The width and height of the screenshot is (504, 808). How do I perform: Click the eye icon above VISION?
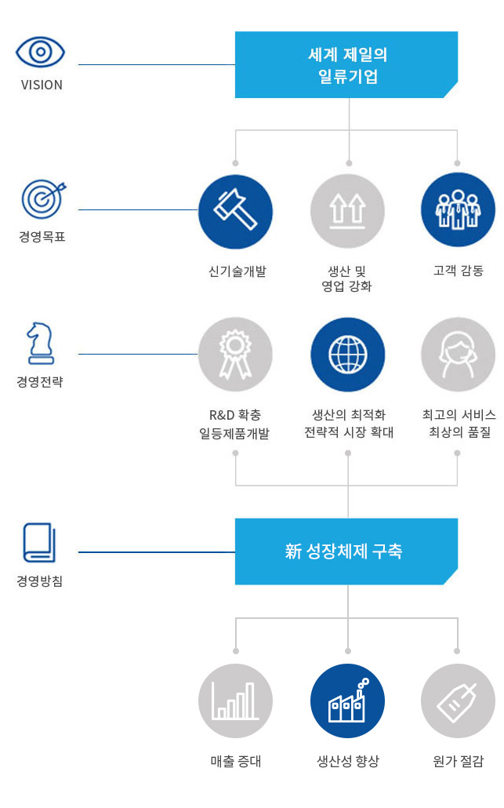41,53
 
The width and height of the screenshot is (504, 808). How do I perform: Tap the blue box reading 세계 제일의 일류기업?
346,65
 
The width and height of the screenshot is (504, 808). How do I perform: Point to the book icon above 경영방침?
39,542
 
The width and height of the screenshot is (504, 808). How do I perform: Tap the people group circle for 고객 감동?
458,210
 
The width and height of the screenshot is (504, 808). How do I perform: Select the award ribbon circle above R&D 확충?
235,355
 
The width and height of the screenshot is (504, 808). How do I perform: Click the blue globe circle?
347,355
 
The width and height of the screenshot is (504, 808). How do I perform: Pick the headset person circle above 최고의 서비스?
458,355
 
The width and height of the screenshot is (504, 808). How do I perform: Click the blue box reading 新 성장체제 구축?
346,551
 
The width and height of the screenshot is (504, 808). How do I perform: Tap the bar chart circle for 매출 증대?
235,701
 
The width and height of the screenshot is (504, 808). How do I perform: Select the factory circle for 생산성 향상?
347,701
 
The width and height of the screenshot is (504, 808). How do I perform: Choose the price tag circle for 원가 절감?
458,701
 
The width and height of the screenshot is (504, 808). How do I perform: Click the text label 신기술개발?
235,271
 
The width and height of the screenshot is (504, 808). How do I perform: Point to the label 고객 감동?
458,271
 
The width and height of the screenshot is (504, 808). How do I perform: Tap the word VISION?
42,85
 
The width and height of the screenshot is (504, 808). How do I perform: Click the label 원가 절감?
458,761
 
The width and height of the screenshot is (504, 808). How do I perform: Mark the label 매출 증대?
235,761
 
